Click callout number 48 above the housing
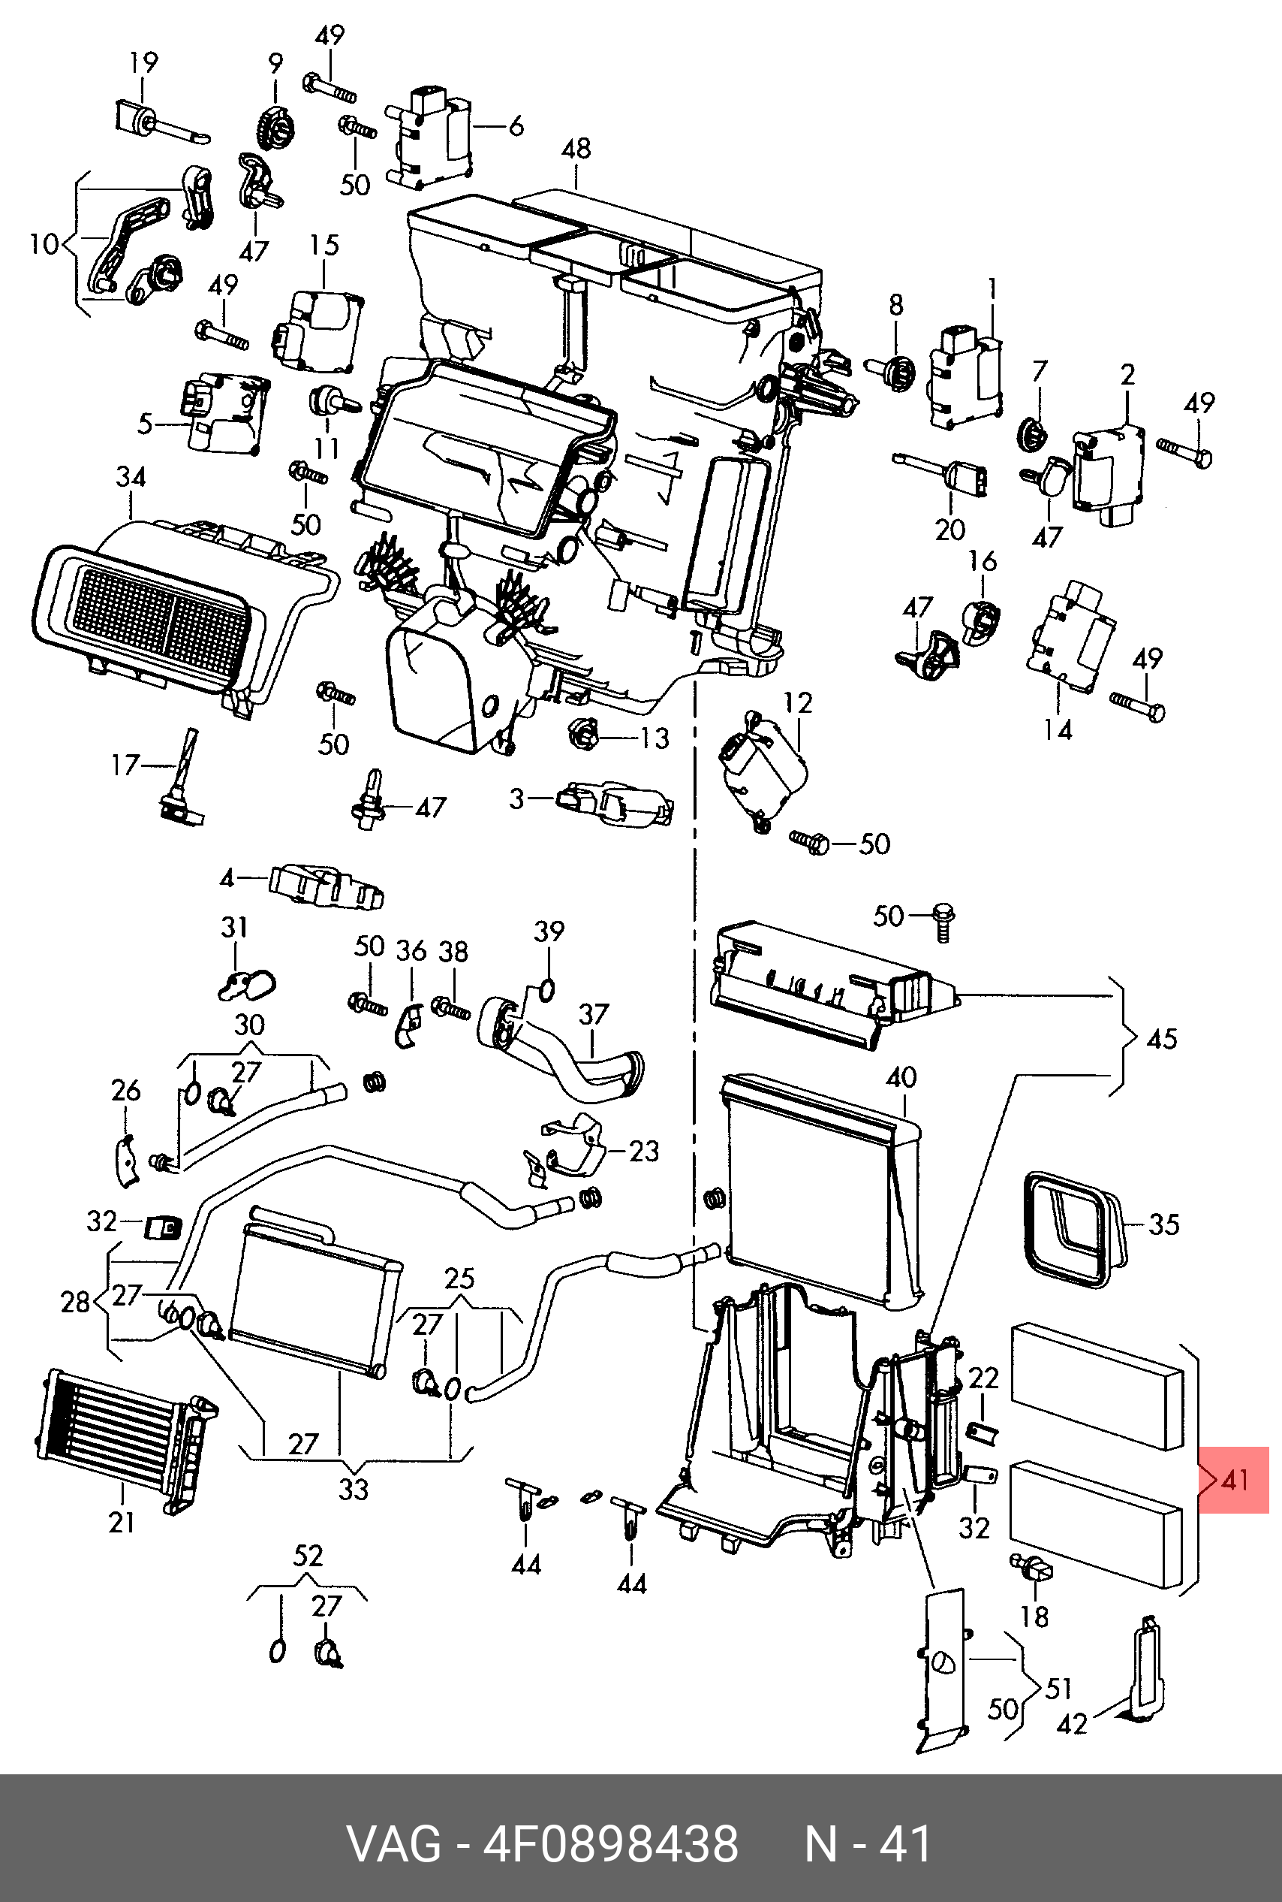tap(576, 149)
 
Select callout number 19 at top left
tap(144, 62)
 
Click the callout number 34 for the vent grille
tap(131, 476)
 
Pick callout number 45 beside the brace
tap(1162, 1039)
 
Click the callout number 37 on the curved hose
tap(594, 1014)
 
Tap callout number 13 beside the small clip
tap(655, 738)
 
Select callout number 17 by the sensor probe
tap(126, 765)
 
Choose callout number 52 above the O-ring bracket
tap(308, 1556)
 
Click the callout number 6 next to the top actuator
tap(516, 127)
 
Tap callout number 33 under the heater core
tap(354, 1489)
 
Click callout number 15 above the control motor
tap(324, 245)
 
